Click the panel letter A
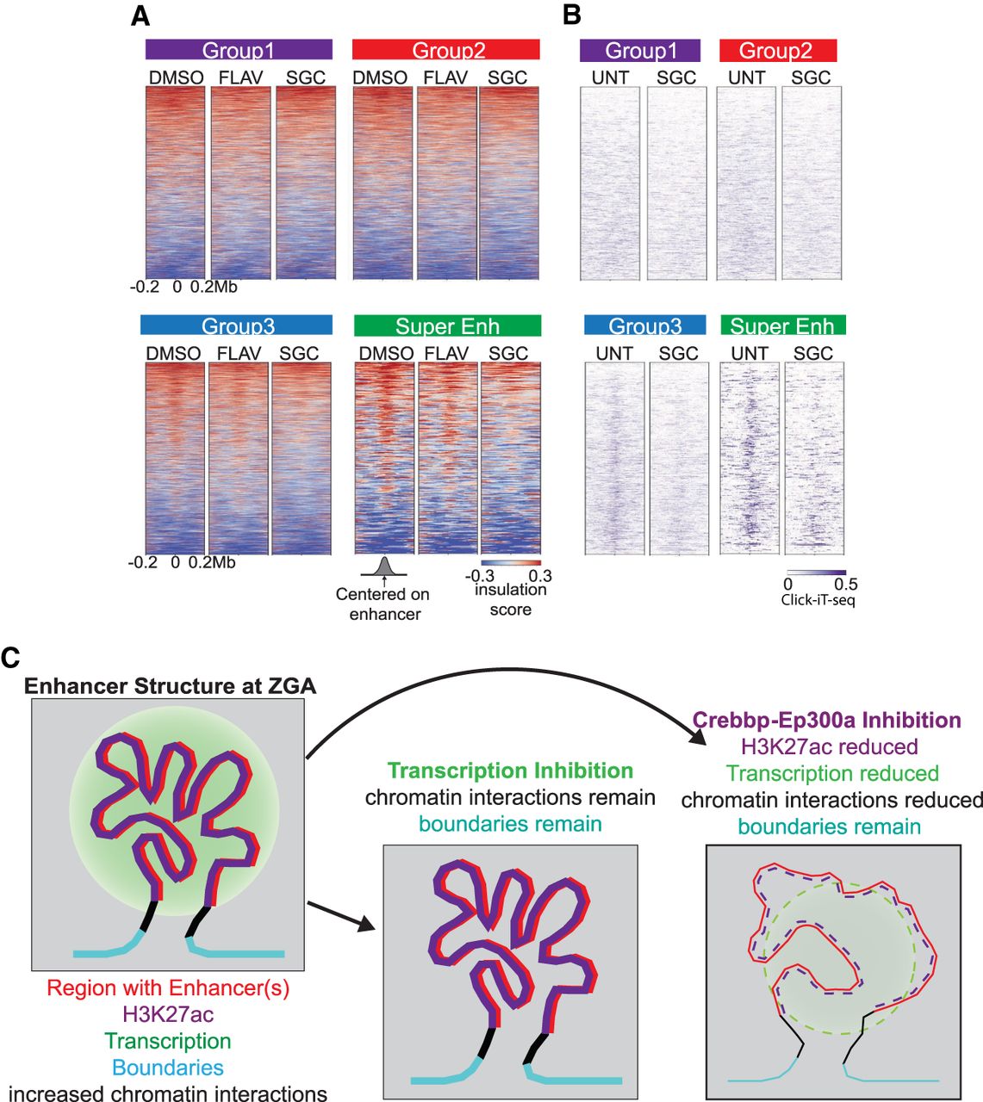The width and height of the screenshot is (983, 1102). coord(140,16)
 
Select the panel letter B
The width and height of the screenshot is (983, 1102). coord(571,15)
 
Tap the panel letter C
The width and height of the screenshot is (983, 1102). coord(10,658)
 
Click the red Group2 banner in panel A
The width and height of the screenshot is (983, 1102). coord(445,49)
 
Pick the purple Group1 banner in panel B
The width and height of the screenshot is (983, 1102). coord(640,51)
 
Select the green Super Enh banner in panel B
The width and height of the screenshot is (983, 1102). coord(783,325)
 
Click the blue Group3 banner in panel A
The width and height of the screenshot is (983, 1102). coord(236,325)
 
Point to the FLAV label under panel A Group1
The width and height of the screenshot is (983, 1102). coord(240,77)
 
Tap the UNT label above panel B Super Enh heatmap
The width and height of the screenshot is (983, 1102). coord(750,354)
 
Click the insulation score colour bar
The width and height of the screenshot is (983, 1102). coord(511,563)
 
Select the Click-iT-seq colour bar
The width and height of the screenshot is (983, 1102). coord(817,573)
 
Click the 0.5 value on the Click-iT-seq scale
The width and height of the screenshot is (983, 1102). coord(845,585)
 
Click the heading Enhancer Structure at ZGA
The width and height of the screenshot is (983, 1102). coord(170,686)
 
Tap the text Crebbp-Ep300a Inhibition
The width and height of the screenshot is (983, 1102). coord(827,720)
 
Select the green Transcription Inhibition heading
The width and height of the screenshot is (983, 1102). coord(510,771)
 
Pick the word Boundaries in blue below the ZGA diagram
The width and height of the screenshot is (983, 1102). coord(168,1068)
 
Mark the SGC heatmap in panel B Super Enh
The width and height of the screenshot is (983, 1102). coord(814,458)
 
